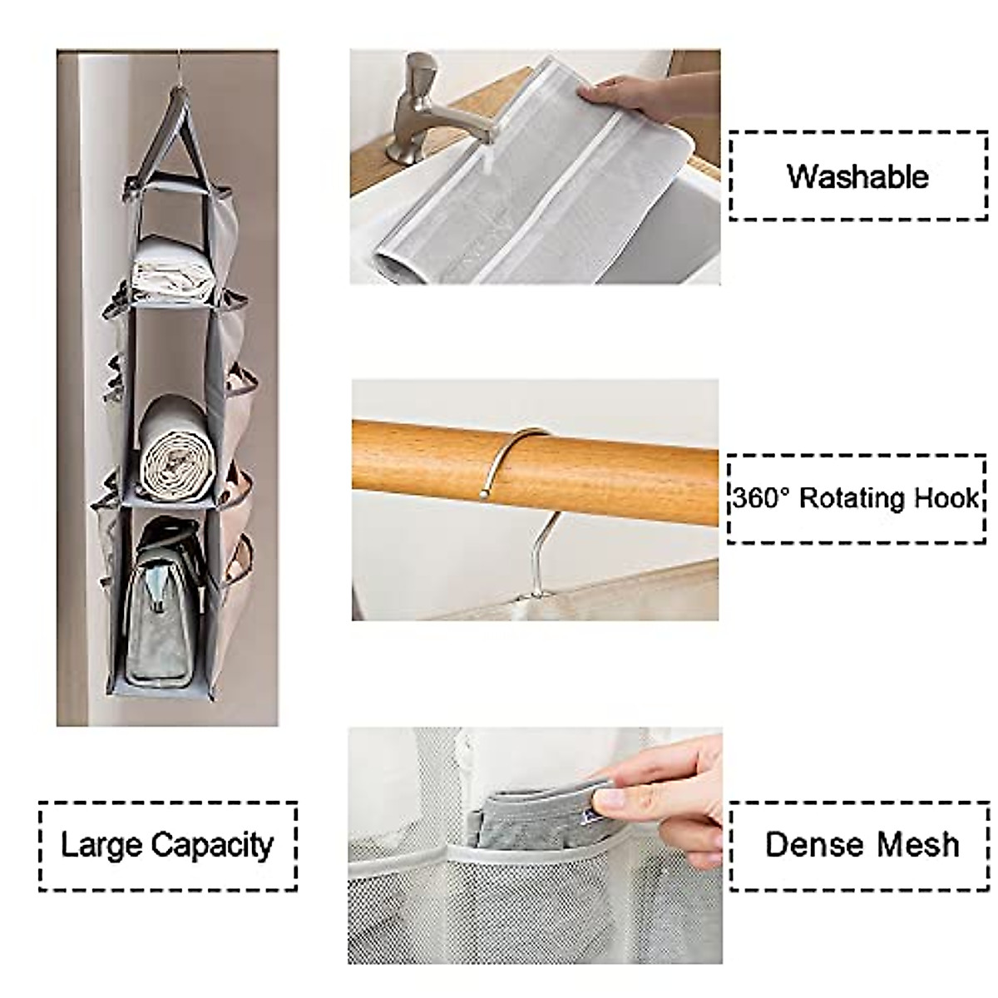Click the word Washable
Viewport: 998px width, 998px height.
(x=857, y=176)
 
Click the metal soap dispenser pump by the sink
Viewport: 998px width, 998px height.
(x=417, y=108)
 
